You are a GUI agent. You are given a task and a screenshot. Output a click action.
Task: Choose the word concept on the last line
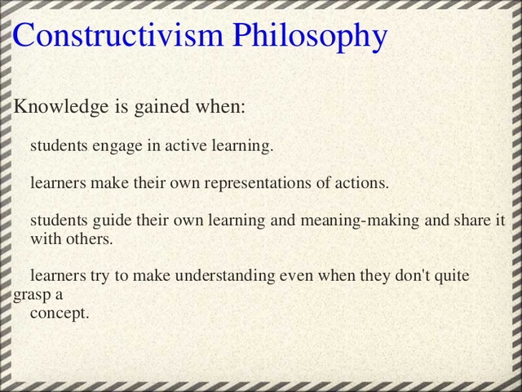[59, 313]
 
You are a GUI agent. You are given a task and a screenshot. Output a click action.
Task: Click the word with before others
[46, 238]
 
